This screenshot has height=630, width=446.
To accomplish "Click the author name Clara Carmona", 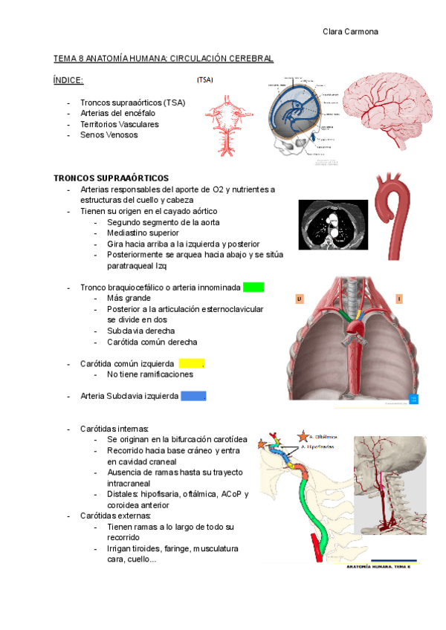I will point(351,32).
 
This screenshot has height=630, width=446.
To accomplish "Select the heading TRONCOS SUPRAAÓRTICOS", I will point(111,178).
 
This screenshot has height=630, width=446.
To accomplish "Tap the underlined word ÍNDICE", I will point(68,80).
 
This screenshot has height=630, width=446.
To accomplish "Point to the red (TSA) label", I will point(204,79).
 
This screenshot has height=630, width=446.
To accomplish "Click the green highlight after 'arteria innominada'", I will point(253,288).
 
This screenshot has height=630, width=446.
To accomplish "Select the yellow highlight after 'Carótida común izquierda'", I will point(191,363).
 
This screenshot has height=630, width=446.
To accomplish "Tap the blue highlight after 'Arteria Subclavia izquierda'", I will point(193,397).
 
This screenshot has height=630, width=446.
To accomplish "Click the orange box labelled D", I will point(300,299).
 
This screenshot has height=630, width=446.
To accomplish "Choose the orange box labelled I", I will point(399,299).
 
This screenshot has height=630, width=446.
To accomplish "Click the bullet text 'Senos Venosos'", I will point(109,135).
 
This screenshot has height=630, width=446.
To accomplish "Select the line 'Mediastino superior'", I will point(143,233).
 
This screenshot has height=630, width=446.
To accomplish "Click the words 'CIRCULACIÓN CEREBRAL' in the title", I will point(222,58).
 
